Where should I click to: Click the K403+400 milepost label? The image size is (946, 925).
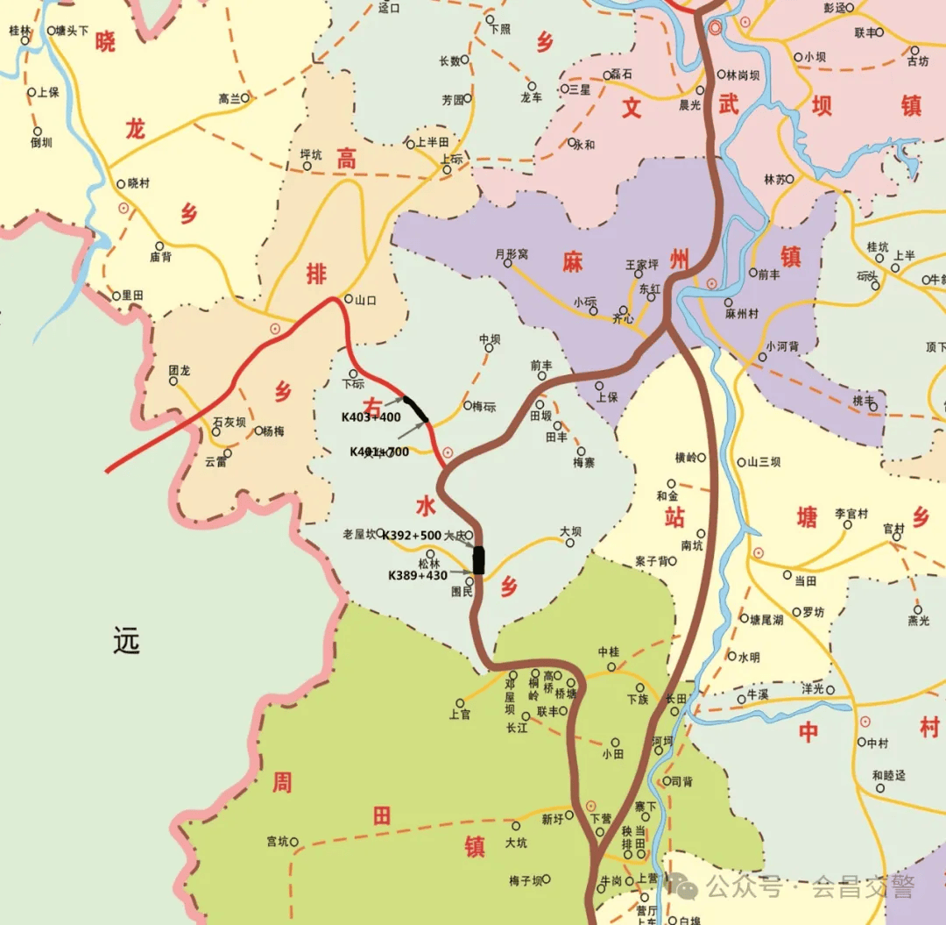click(371, 417)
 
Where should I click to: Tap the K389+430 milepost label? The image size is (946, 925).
click(418, 576)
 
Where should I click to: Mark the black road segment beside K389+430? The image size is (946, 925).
click(478, 559)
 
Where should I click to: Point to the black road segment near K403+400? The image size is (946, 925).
click(415, 409)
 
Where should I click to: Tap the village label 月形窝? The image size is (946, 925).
click(512, 254)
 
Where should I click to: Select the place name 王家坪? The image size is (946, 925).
click(641, 264)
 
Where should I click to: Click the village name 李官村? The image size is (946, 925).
click(851, 514)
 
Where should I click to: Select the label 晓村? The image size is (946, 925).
click(138, 183)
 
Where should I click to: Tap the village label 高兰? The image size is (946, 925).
click(229, 99)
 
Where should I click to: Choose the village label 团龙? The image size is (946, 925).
click(180, 370)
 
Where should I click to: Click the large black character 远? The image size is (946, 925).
click(126, 643)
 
